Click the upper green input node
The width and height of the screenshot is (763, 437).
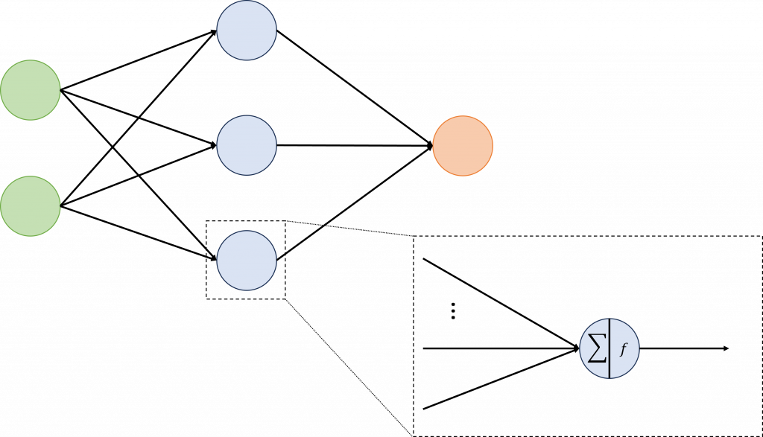tap(30, 89)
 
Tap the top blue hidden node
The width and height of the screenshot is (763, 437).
tap(247, 30)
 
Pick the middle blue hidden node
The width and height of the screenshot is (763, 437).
tap(247, 145)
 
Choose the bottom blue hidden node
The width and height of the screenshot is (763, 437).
tap(247, 260)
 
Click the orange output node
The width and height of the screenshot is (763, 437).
tap(463, 146)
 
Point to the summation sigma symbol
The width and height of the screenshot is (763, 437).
tap(596, 349)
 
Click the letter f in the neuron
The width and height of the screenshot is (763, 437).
tap(623, 349)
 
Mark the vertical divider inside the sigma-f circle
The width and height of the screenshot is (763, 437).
tap(610, 349)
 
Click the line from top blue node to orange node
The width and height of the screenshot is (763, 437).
tap(354, 88)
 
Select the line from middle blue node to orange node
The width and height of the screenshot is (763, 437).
tap(354, 146)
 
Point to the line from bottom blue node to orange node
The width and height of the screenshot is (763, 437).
tap(354, 203)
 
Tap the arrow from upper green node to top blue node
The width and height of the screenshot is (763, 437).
tap(138, 60)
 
